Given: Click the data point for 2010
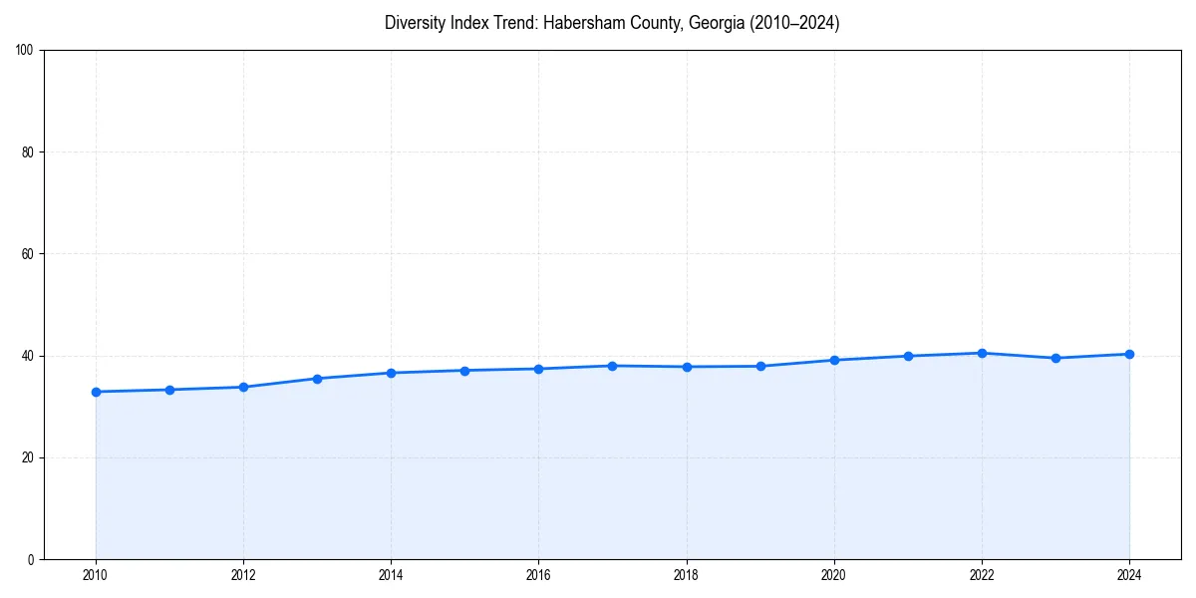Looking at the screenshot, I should click(x=96, y=392).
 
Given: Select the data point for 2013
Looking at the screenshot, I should click(x=317, y=379).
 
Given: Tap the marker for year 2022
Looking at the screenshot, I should click(x=982, y=353).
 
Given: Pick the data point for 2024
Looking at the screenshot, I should click(x=1129, y=354).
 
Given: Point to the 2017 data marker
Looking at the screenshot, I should click(x=612, y=366).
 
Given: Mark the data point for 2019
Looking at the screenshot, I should click(x=760, y=366).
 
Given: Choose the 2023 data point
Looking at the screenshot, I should click(x=1055, y=358).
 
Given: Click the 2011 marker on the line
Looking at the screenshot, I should click(x=169, y=390).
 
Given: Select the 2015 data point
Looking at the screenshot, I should click(x=464, y=371).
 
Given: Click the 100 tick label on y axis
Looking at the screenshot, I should click(x=26, y=51).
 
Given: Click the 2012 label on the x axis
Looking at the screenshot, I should click(x=243, y=575).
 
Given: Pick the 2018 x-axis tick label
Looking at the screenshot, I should click(x=686, y=575).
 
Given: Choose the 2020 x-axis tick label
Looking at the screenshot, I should click(x=834, y=575).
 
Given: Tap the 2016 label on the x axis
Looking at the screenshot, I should click(x=538, y=575).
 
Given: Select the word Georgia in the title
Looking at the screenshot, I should click(x=715, y=23).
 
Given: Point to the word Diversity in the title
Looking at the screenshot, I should click(x=417, y=23).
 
